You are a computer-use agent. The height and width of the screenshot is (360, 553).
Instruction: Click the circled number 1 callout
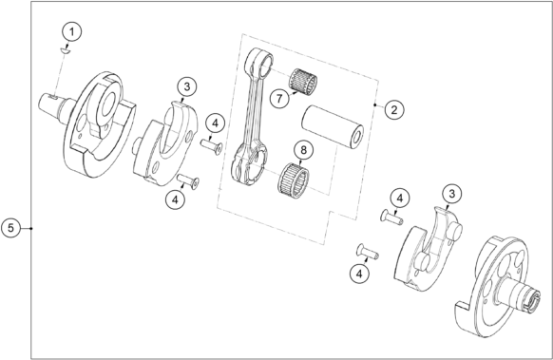coord(72,31)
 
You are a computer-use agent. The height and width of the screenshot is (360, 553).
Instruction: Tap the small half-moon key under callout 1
coord(66,51)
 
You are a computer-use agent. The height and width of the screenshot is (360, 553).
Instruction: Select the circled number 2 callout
coord(394,109)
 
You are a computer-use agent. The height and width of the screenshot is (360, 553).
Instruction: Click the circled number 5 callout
coord(11,228)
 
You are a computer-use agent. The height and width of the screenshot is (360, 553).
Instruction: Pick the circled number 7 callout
coord(279,99)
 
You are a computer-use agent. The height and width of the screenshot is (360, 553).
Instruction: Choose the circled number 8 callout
coord(303,150)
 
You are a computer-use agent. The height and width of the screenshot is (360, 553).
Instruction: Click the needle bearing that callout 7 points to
coord(303,82)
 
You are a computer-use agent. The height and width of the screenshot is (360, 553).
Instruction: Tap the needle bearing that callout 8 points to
coord(294,178)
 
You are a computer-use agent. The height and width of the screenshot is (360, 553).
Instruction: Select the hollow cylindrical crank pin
coord(333,126)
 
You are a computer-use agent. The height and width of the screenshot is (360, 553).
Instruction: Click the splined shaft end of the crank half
coord(531,300)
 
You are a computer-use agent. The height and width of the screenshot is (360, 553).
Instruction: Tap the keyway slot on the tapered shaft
coord(53,96)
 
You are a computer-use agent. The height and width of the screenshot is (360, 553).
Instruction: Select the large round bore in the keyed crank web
coord(109,105)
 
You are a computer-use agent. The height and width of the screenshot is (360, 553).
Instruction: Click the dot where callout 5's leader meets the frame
coord(31,228)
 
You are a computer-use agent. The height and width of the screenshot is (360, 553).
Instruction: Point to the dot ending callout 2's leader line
coord(375,105)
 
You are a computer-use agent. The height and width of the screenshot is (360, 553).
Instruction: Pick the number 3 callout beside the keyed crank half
coord(187,86)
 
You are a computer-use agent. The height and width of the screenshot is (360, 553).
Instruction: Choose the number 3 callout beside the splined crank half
coord(451,193)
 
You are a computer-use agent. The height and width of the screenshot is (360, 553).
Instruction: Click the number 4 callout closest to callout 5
coord(175,199)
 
